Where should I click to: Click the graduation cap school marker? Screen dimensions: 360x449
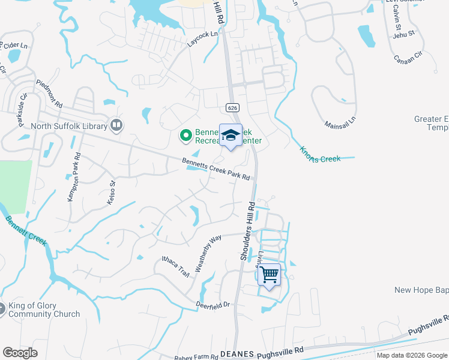[231, 135]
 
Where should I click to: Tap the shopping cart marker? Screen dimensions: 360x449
[270, 275]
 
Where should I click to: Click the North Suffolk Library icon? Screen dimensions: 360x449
[116, 125]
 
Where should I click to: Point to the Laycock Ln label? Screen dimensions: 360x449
[202, 40]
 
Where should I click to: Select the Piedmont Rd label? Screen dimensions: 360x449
[49, 94]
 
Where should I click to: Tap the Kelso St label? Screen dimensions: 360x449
[110, 193]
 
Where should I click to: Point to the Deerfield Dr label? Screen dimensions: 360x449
[213, 305]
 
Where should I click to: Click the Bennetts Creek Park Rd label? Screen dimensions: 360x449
[215, 167]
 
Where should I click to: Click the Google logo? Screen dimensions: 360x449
[20, 352]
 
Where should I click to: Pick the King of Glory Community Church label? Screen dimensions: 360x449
[44, 310]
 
